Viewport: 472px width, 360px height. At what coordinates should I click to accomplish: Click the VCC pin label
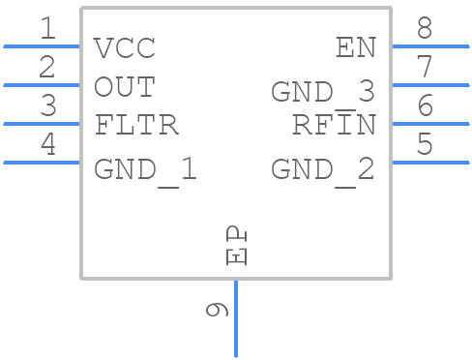coord(125,47)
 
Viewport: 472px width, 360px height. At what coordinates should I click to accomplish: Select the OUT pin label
coord(125,87)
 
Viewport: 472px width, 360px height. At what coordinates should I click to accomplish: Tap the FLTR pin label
coord(136,126)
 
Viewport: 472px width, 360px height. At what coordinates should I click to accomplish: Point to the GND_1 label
coord(146,170)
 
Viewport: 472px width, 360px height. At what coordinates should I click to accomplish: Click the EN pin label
coord(355,47)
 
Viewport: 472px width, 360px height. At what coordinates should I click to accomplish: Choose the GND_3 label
coord(322,92)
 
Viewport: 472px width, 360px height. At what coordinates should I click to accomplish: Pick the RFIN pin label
coord(333,126)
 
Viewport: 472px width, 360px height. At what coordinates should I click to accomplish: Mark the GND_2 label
coord(322,170)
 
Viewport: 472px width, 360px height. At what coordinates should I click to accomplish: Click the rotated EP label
coord(237,247)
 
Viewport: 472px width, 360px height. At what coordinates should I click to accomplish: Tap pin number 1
coord(47,29)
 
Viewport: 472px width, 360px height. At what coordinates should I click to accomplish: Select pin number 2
coord(47,68)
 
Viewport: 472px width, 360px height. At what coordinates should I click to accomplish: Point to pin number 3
coord(47,106)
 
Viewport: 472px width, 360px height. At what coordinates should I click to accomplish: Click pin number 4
coord(47,145)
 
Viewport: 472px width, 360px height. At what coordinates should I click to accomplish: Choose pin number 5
coord(424,145)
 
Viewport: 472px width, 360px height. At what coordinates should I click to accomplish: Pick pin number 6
coord(424,106)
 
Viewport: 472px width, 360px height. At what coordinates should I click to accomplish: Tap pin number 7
coord(424,68)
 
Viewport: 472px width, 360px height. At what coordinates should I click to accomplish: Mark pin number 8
coord(424,29)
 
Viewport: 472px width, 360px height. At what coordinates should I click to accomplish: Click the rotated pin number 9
coord(218,310)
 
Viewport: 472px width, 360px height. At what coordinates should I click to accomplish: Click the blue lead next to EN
coord(429,46)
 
